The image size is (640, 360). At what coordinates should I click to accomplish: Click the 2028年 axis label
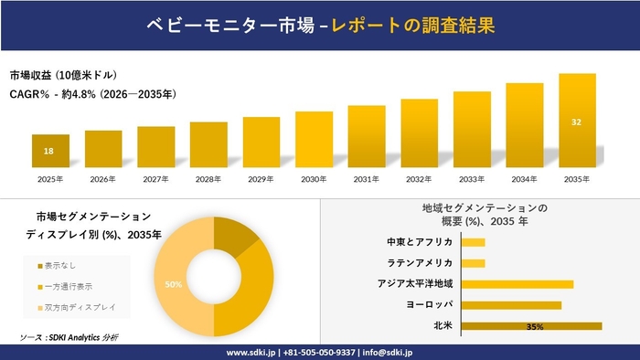208,179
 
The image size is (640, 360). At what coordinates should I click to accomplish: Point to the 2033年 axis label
472,179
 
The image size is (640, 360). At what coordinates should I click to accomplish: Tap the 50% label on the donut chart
173,285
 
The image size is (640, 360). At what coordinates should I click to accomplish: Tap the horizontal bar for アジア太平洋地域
517,284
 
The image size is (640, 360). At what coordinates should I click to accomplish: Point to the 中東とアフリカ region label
421,242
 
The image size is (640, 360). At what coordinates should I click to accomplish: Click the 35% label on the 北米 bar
536,326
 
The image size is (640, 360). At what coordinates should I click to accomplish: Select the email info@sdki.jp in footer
388,352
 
